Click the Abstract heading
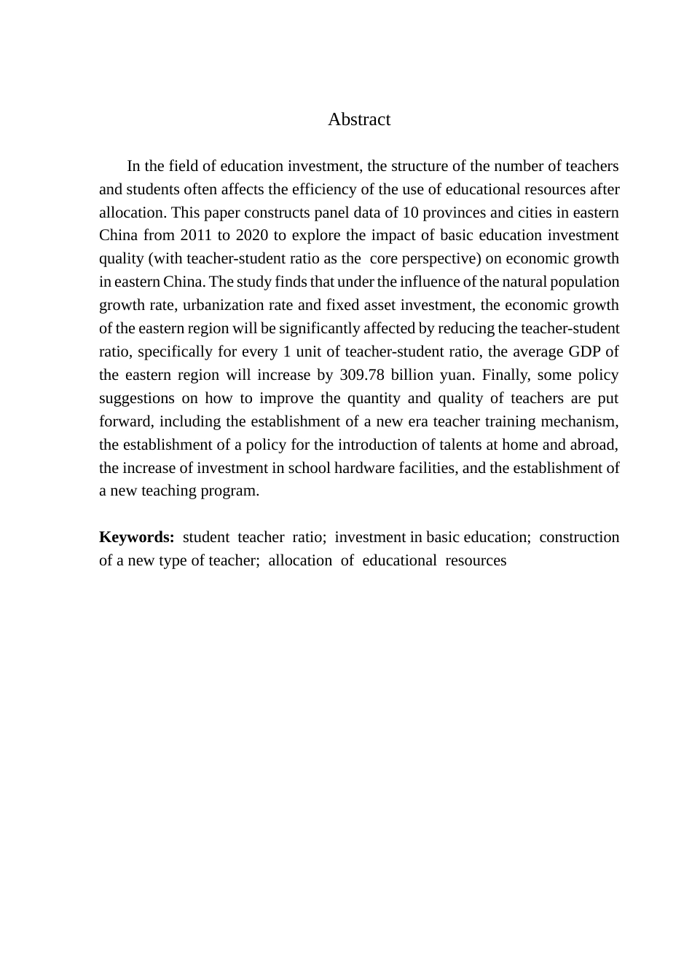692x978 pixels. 359,119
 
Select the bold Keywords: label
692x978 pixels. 136,537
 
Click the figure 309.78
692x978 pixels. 363,375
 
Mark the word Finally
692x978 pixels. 506,375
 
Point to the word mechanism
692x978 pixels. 580,421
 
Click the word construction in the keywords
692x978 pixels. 579,537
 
